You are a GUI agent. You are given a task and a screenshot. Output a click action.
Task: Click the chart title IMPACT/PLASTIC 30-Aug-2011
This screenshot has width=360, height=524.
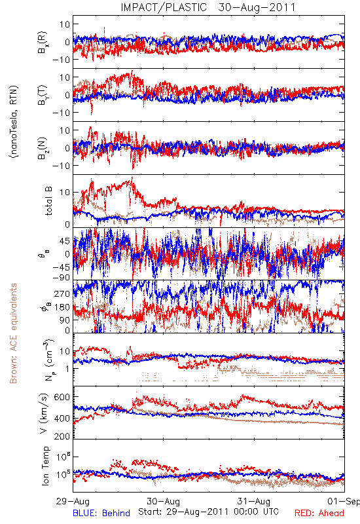click(x=208, y=7)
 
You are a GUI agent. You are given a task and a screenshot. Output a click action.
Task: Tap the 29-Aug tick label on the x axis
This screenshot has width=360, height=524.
click(x=73, y=501)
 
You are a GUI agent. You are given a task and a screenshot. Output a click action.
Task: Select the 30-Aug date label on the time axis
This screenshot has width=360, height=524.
click(x=164, y=501)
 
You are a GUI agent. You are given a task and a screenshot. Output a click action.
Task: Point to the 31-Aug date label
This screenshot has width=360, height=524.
click(x=254, y=501)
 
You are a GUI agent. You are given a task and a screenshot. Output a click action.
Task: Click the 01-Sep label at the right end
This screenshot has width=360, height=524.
click(x=344, y=501)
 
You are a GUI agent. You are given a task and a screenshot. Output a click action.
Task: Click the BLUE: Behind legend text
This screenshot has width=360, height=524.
click(x=101, y=513)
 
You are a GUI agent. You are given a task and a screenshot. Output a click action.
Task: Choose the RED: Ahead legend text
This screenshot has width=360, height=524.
click(x=319, y=513)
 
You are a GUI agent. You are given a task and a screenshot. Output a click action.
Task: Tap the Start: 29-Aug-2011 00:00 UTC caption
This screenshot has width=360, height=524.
click(x=208, y=512)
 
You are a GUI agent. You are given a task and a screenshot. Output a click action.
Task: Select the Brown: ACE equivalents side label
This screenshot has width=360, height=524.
click(x=13, y=333)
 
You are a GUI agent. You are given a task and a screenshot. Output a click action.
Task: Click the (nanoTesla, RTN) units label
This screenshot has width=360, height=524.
click(x=14, y=122)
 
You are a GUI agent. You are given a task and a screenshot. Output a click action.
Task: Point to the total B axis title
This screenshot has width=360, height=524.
click(x=48, y=201)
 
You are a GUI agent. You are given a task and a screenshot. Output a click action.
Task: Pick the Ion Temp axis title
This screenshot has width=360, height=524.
click(x=46, y=466)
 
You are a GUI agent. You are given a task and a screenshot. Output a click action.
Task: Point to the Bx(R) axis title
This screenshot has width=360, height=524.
click(x=43, y=42)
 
